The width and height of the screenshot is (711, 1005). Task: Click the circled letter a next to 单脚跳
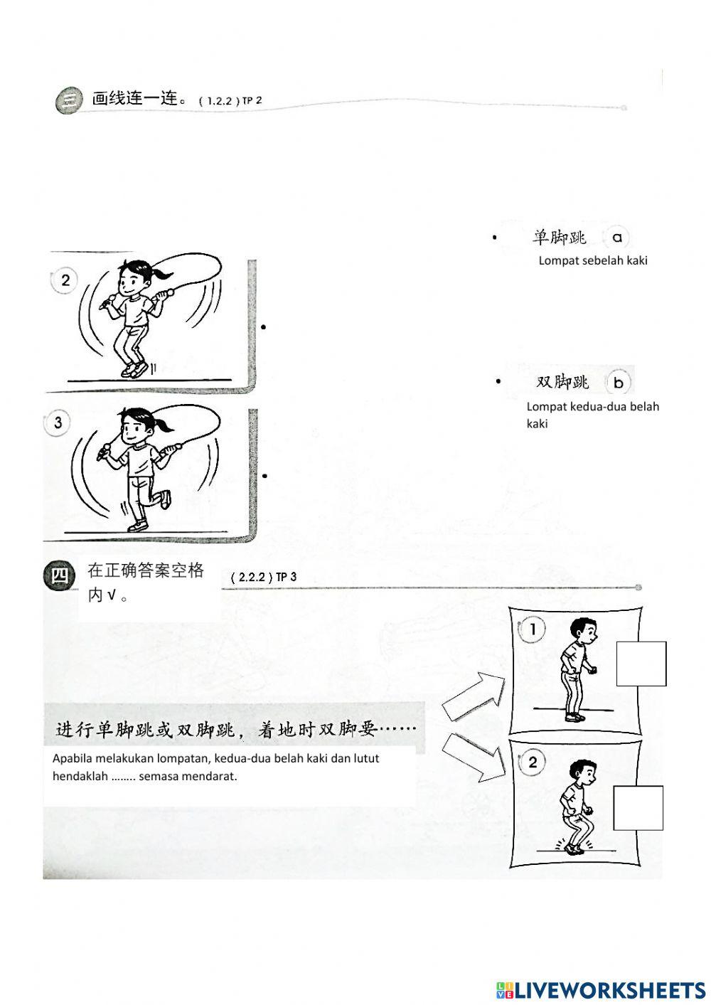[616, 238]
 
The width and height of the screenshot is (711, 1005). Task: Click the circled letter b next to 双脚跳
[618, 383]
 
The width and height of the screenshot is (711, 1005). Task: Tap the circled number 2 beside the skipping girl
[65, 280]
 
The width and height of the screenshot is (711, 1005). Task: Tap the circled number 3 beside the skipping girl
[58, 423]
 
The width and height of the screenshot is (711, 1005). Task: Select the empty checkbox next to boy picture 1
[641, 664]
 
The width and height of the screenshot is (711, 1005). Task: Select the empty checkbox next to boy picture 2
[638, 808]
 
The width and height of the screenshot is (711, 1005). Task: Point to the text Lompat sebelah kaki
[593, 260]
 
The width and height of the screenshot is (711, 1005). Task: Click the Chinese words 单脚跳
[560, 238]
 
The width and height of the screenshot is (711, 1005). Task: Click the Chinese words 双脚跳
[562, 383]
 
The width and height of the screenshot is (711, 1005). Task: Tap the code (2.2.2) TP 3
[264, 578]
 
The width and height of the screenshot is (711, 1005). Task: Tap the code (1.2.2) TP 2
[230, 101]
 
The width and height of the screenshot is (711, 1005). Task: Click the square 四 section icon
[59, 574]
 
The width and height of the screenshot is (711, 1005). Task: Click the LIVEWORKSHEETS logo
[600, 989]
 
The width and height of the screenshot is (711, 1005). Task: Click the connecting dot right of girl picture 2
[263, 327]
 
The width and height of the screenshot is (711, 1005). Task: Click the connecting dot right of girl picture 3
[264, 475]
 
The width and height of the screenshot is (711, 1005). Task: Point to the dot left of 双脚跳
[498, 382]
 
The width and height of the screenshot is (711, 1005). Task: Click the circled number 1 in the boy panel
[533, 629]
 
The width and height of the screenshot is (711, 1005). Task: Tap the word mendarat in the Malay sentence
[212, 776]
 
